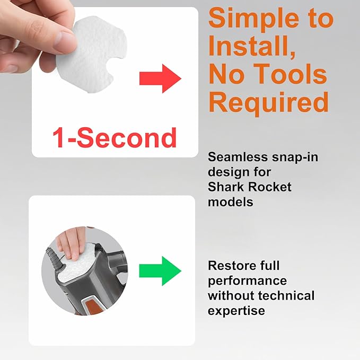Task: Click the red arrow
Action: [x=160, y=79]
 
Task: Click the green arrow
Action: [x=160, y=271]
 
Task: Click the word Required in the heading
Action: [x=269, y=102]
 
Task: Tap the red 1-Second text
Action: [x=115, y=137]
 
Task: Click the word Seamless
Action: [x=238, y=157]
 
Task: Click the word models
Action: [x=231, y=202]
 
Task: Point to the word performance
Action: [x=247, y=281]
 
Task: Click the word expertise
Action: [x=236, y=311]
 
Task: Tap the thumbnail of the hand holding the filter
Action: [x=115, y=82]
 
